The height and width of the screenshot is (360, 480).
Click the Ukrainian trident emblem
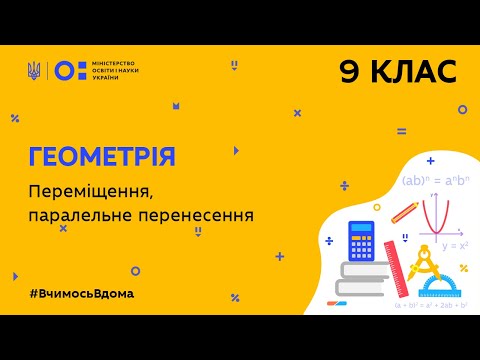(34, 70)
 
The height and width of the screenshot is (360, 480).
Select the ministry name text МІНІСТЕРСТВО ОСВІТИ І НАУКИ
(109, 70)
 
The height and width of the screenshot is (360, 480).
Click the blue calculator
(368, 240)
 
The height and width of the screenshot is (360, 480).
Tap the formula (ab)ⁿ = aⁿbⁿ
(436, 181)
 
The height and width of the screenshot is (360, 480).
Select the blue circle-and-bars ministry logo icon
(66, 70)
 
